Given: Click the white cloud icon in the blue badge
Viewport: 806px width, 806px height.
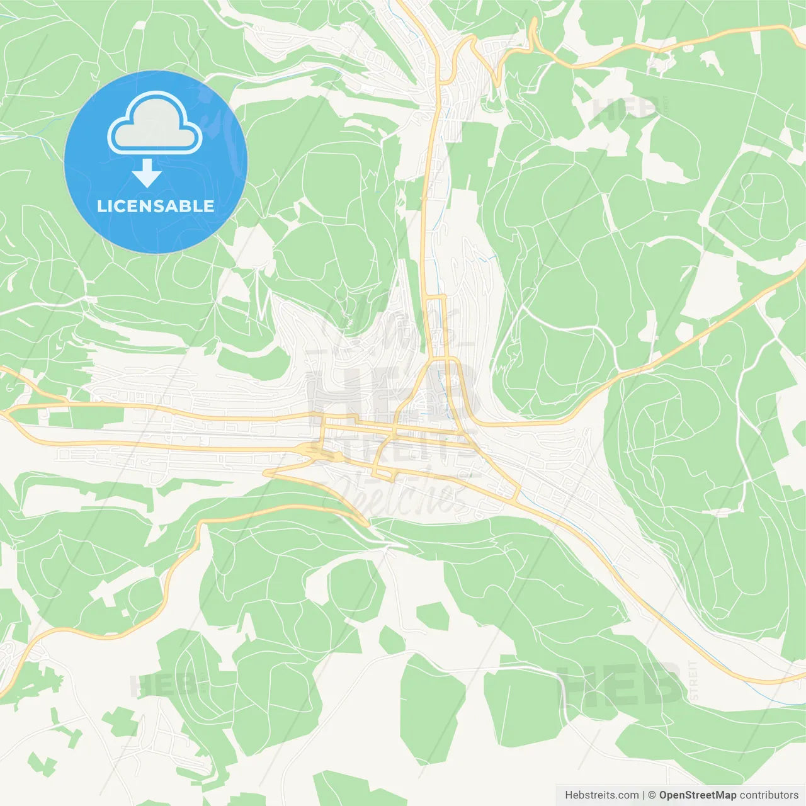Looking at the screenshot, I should tap(155, 123).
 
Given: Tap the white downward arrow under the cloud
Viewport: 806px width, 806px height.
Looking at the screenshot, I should tap(147, 173).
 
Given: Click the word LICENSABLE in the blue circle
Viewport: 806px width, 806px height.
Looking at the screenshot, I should tap(156, 206).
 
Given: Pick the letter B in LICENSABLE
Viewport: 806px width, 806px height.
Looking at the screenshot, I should tap(187, 206).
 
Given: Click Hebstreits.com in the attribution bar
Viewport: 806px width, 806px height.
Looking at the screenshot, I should tap(601, 795).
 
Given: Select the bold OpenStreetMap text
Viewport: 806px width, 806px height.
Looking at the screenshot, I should tap(697, 795).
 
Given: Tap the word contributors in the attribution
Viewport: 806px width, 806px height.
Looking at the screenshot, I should tap(769, 795).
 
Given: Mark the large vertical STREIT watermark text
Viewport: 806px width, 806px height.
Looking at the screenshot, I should tap(693, 680).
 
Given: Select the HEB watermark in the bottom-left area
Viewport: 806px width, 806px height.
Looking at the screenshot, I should tap(162, 686).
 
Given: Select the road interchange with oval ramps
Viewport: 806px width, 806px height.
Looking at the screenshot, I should tap(313, 450).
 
